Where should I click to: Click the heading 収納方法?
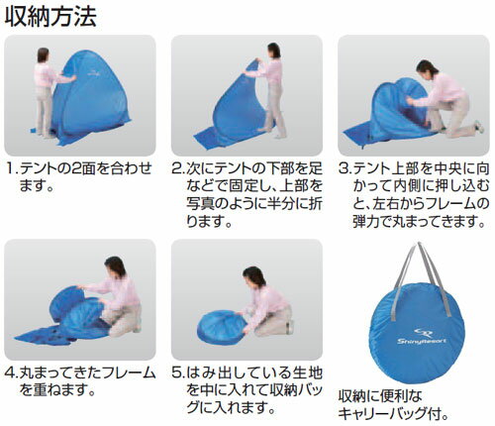point(50,17)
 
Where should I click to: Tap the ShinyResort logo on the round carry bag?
point(422,337)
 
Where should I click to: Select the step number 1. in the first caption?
point(12,169)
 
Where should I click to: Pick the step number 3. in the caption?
point(346,169)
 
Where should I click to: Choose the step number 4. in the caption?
point(12,373)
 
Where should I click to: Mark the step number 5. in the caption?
point(179,373)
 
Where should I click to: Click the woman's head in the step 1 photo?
point(43,55)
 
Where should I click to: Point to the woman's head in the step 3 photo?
point(426,68)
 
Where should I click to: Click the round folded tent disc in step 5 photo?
point(222,327)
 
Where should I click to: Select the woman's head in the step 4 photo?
point(115,266)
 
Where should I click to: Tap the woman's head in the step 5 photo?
point(254,276)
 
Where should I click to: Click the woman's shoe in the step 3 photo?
point(479,127)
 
